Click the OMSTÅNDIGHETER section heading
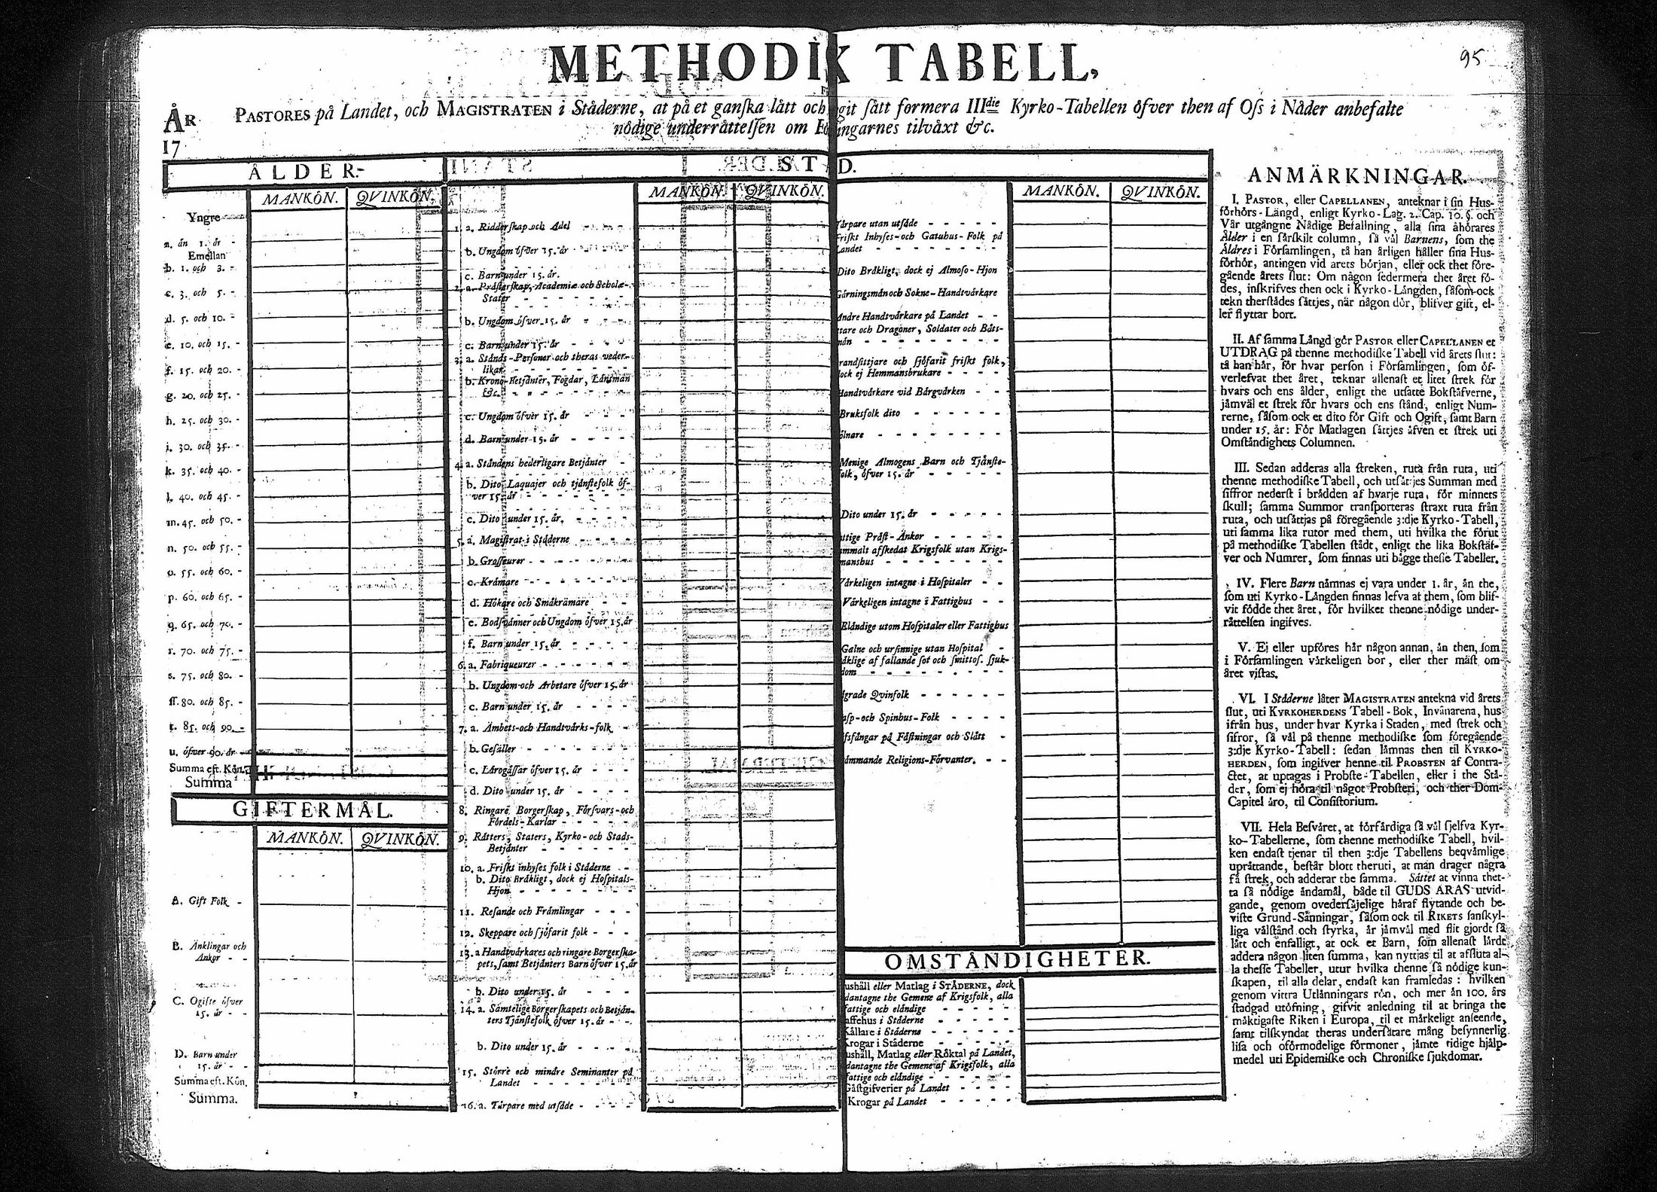(x=1018, y=960)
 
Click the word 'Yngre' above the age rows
(x=204, y=218)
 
